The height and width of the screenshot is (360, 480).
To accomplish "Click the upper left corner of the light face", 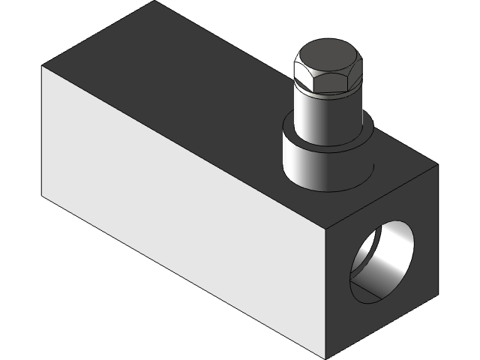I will (x=42, y=66).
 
